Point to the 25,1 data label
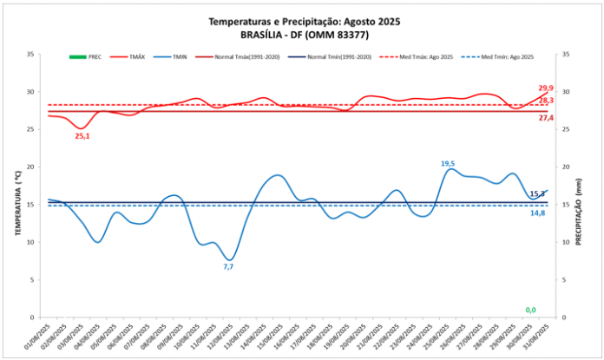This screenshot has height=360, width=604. click(x=82, y=136)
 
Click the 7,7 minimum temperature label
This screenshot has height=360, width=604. click(x=228, y=267)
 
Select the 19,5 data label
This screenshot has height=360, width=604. click(x=448, y=163)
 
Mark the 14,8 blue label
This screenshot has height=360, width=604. click(x=538, y=213)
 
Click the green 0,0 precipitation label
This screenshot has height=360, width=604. click(x=529, y=310)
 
